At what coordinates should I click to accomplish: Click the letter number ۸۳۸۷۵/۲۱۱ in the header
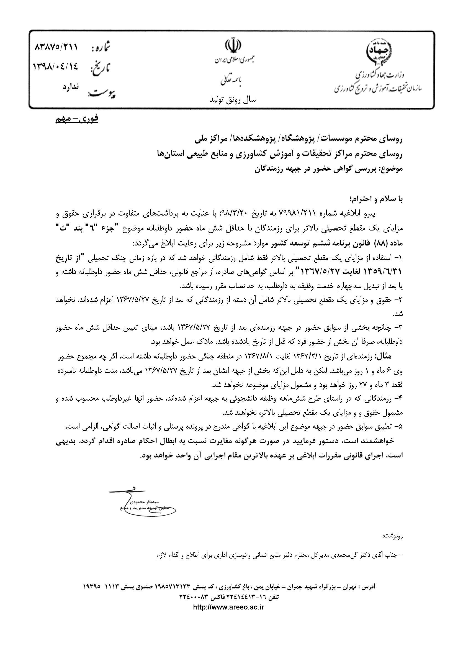(x=56, y=47)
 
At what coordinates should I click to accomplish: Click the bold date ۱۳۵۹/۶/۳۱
(x=384, y=272)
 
